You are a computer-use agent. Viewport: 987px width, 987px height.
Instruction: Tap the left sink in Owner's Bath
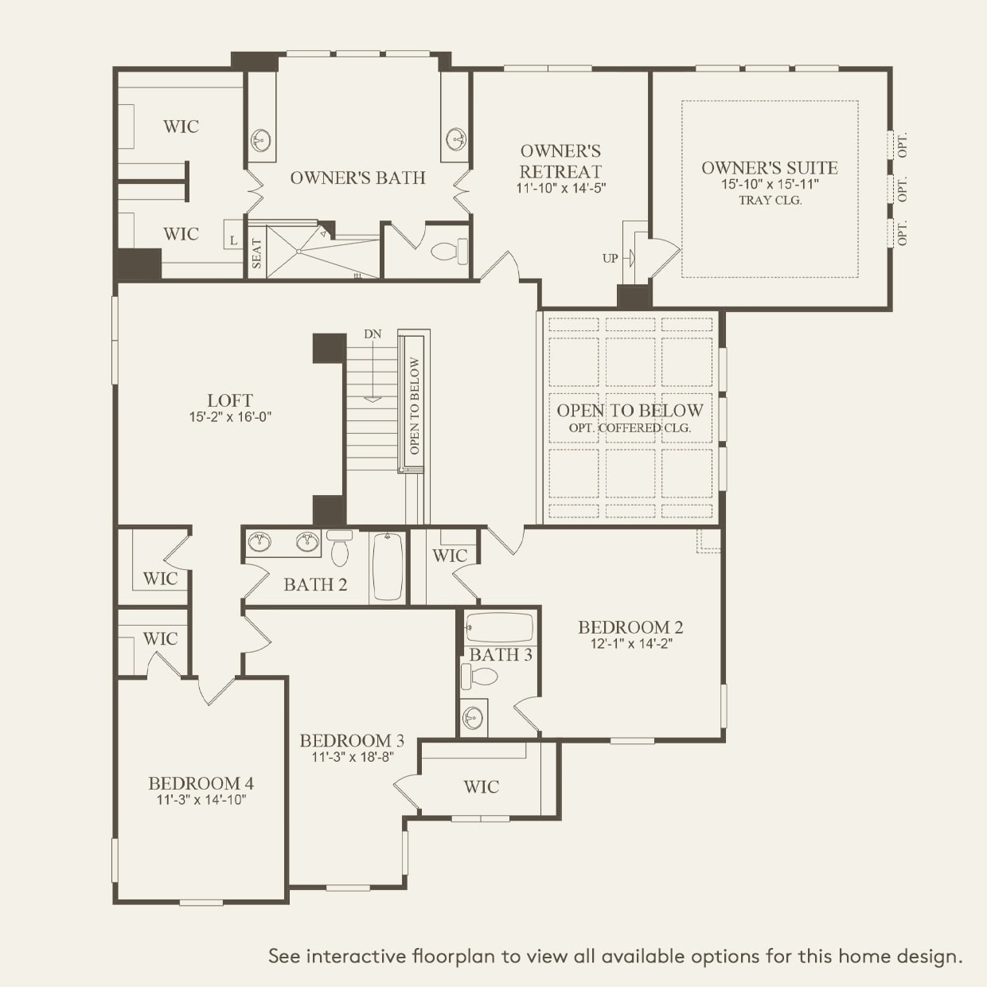tap(261, 139)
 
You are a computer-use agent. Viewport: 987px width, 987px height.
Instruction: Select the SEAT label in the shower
tap(256, 254)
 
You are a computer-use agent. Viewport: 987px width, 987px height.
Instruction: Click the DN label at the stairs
tap(373, 334)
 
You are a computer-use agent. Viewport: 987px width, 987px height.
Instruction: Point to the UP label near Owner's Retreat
tap(610, 259)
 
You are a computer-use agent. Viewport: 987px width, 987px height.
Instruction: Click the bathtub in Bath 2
tap(388, 567)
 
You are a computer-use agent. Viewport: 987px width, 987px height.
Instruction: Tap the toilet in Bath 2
tap(340, 548)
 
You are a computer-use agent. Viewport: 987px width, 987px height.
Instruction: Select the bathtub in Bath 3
tap(499, 627)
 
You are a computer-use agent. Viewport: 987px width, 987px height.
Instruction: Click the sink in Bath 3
tap(472, 718)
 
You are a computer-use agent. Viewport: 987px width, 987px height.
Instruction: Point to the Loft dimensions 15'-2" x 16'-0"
tap(230, 417)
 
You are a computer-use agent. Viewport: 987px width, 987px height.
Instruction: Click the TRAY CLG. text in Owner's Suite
tap(770, 201)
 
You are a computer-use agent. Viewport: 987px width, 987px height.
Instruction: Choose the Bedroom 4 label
tap(201, 783)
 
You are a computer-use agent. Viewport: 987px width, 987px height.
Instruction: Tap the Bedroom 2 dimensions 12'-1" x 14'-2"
tap(630, 643)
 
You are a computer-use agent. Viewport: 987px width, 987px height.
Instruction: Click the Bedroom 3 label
tap(352, 740)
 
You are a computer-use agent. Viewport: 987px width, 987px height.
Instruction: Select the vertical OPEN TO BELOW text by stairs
tap(415, 406)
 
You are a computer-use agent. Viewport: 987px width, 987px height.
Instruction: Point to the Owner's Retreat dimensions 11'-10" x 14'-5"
tap(561, 188)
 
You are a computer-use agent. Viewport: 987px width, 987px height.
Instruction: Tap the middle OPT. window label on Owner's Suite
tap(902, 189)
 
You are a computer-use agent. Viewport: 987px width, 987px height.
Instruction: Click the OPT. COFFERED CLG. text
tap(630, 427)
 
